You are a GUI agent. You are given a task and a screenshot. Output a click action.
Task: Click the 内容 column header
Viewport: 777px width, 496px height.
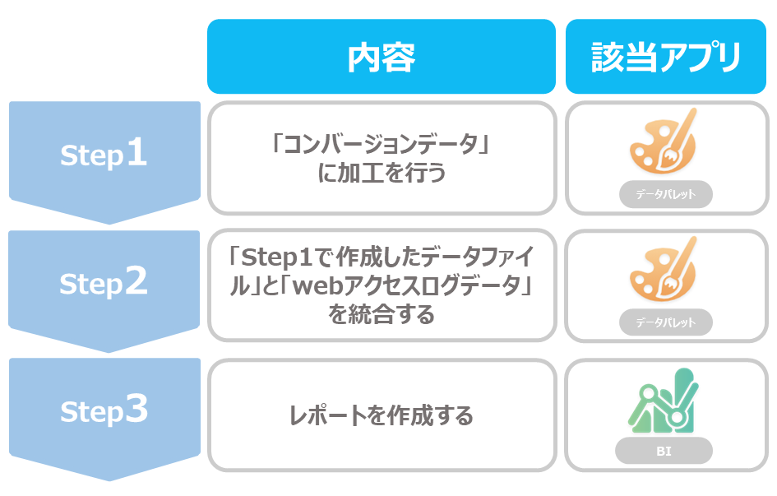tap(381, 57)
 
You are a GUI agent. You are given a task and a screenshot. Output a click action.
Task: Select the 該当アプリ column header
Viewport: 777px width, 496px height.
tap(666, 57)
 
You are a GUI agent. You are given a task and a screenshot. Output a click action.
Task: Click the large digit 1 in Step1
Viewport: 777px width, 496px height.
tap(136, 152)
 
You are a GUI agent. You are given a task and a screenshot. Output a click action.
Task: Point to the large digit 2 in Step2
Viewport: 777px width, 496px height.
tap(136, 280)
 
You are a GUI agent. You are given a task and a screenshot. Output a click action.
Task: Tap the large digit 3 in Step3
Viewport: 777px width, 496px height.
tap(136, 409)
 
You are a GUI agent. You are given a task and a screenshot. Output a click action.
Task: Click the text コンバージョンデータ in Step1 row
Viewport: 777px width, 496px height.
tap(381, 144)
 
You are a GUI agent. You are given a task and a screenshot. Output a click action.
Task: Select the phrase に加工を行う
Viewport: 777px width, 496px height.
tap(381, 173)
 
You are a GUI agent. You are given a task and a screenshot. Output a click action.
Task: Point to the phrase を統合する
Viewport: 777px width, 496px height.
tap(381, 314)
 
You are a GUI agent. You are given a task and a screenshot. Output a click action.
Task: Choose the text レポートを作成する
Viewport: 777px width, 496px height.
tap(381, 415)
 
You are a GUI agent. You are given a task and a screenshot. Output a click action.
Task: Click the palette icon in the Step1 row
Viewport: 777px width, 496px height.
tap(663, 141)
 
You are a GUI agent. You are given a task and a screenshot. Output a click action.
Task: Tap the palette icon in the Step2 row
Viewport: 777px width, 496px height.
tap(663, 270)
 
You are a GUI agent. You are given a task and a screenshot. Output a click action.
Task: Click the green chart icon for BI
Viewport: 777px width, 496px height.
tap(663, 401)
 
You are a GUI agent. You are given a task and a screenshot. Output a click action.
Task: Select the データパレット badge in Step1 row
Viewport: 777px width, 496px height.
tap(665, 194)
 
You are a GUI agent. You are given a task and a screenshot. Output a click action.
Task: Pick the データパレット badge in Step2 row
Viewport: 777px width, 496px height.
tap(665, 322)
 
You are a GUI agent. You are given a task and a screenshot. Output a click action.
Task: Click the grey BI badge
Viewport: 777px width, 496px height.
tap(664, 451)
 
